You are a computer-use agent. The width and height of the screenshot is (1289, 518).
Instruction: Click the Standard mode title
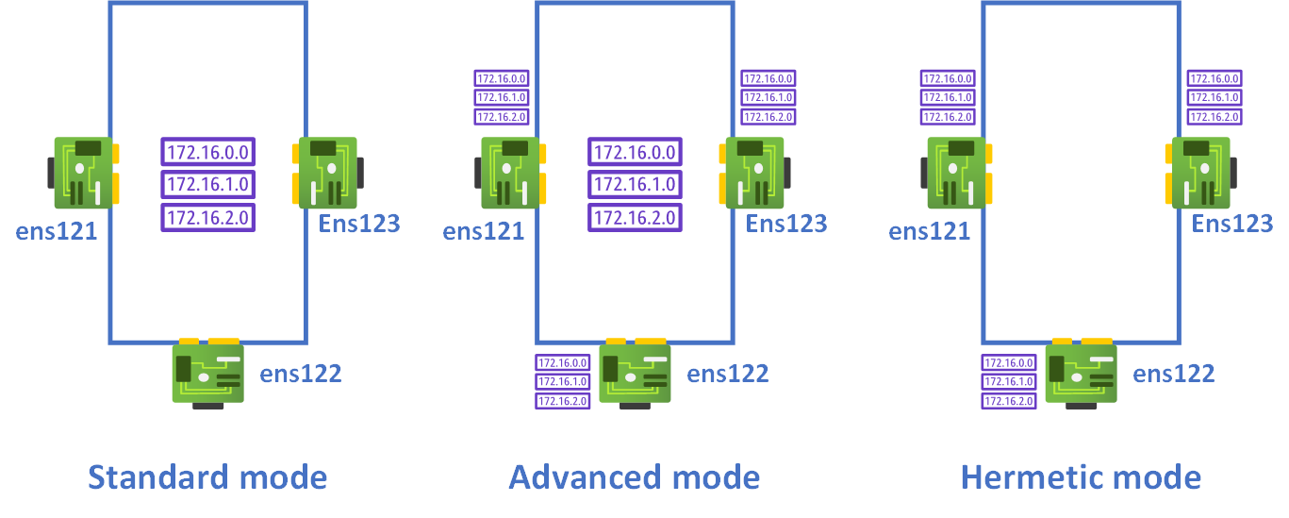(x=207, y=476)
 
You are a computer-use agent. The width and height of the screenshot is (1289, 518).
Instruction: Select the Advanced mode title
(x=634, y=476)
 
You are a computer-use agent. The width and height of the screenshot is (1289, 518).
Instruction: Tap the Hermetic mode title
(x=1081, y=476)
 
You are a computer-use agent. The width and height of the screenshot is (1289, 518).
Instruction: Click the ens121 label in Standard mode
(x=57, y=230)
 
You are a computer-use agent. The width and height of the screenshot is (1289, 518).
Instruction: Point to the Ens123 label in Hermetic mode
(x=1232, y=224)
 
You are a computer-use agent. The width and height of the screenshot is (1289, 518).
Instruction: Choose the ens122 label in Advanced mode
(x=728, y=374)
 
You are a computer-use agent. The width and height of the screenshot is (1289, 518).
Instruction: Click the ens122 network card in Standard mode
(x=208, y=372)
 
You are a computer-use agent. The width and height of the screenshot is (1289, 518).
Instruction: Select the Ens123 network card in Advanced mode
(x=754, y=173)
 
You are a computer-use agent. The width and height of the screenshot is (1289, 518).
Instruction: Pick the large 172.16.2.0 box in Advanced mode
(x=636, y=218)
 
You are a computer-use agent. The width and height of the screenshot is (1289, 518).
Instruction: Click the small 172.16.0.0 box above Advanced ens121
(x=501, y=79)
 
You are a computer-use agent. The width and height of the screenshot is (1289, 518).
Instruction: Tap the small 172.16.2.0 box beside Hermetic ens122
(x=1009, y=401)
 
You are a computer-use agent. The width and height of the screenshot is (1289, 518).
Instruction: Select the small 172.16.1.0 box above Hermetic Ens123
(x=1215, y=98)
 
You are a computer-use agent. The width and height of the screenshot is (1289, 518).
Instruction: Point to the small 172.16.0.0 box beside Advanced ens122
(x=563, y=363)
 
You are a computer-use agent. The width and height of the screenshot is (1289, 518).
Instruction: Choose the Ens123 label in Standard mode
(x=359, y=224)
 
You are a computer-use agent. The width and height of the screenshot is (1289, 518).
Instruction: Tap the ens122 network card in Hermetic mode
(x=1081, y=372)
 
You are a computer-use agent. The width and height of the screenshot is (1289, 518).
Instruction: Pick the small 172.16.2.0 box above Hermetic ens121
(x=948, y=117)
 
